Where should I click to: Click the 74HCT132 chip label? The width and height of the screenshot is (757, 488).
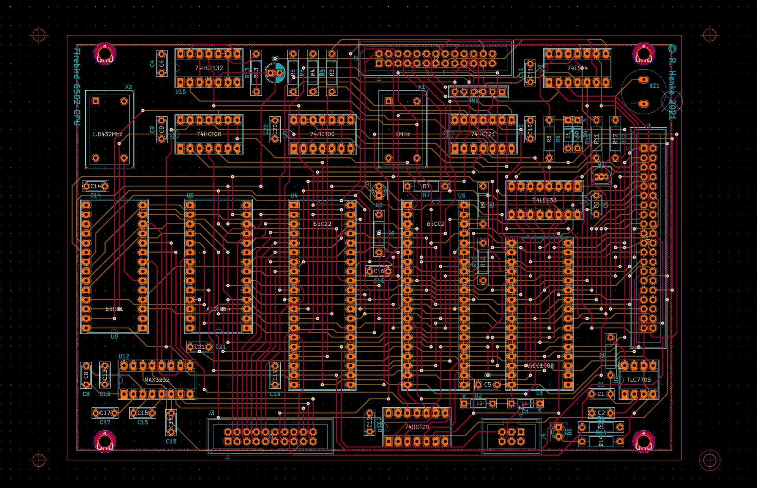click(209, 68)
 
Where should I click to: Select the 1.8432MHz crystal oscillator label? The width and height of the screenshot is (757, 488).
click(107, 134)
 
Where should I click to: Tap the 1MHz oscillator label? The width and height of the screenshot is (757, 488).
click(403, 134)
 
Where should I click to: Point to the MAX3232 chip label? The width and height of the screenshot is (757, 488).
click(157, 380)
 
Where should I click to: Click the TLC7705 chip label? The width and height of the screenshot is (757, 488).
click(639, 380)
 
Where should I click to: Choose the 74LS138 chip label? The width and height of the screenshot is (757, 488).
click(544, 200)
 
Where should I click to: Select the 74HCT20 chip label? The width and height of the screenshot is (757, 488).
click(417, 427)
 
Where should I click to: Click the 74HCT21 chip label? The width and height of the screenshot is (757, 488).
click(483, 134)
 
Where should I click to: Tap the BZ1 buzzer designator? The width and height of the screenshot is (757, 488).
click(654, 86)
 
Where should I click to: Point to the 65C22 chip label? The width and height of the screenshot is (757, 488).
click(322, 224)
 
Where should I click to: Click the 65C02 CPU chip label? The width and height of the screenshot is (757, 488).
click(436, 224)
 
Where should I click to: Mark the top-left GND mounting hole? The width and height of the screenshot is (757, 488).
click(105, 54)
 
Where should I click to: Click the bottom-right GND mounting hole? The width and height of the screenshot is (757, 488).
click(643, 441)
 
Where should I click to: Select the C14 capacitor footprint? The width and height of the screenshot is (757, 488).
click(95, 186)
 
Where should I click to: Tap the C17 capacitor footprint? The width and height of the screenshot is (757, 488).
click(105, 413)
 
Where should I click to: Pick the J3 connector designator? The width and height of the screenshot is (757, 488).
click(211, 413)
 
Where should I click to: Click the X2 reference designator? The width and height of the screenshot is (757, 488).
click(128, 87)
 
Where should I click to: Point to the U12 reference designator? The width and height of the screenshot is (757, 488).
click(124, 356)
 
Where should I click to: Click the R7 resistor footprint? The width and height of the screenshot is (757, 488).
click(426, 186)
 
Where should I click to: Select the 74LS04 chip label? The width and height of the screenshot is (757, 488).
click(577, 68)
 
